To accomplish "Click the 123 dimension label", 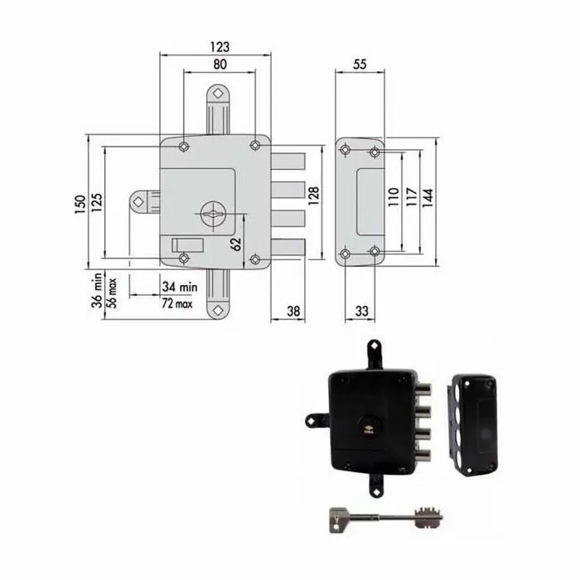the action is [x=220, y=47].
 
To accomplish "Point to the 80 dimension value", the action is [x=220, y=65].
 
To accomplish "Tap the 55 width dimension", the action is [x=360, y=65].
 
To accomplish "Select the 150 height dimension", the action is [x=80, y=204].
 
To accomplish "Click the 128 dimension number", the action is [x=313, y=196].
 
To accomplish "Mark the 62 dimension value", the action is [x=235, y=244].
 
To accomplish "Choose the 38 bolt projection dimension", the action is [x=293, y=311].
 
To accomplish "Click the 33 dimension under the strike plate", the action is [x=362, y=311].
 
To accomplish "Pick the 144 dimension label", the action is [x=428, y=198].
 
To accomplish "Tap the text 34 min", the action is [x=180, y=287].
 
